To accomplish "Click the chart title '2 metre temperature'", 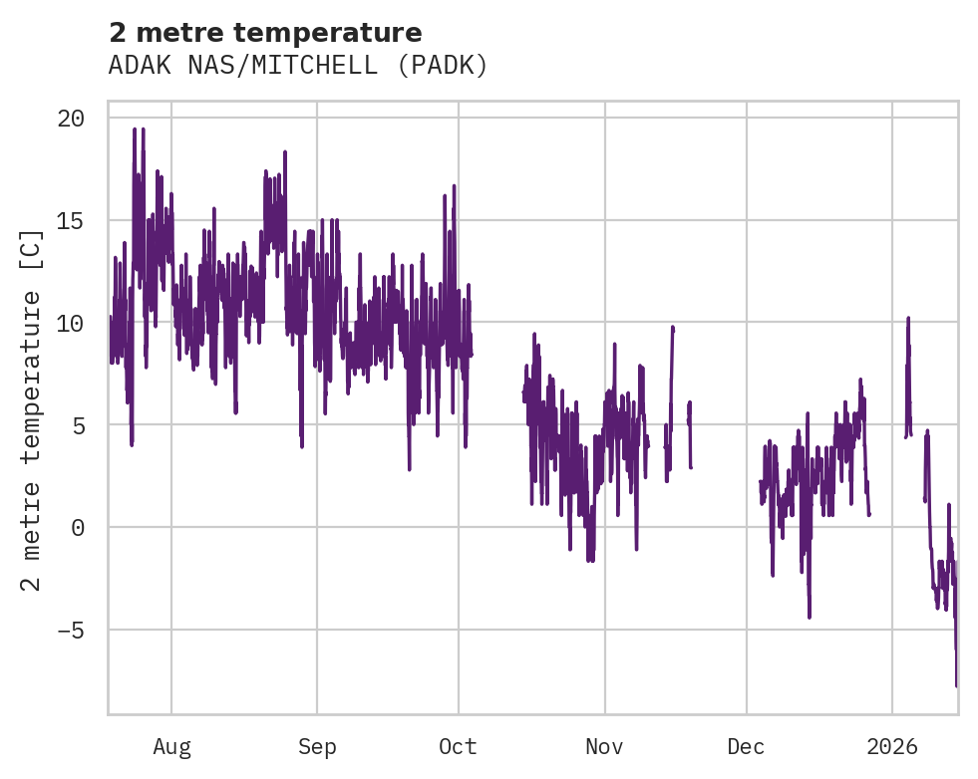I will [x=265, y=33].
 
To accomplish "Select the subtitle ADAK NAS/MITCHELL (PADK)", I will [x=298, y=66].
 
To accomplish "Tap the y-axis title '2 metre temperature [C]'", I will [x=32, y=409].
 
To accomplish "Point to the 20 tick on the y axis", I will [x=71, y=119].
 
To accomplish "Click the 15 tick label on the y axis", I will [x=71, y=221].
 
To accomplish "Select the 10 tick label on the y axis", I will [x=71, y=323].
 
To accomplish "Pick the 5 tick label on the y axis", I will [x=78, y=425].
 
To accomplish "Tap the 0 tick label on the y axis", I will [x=78, y=528].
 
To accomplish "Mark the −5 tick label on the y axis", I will [x=71, y=630].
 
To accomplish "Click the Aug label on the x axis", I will [x=171, y=747].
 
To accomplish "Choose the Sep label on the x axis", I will [x=317, y=747].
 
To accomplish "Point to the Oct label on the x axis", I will [x=458, y=747].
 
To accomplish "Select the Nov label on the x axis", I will [x=604, y=747].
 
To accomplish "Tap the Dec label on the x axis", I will [x=747, y=747].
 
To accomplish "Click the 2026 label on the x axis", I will [x=892, y=747].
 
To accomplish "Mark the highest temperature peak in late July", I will [x=135, y=129].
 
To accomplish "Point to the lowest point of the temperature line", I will [x=956, y=685].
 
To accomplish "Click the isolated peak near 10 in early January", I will [x=908, y=318].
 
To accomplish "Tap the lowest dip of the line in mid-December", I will [x=810, y=618].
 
